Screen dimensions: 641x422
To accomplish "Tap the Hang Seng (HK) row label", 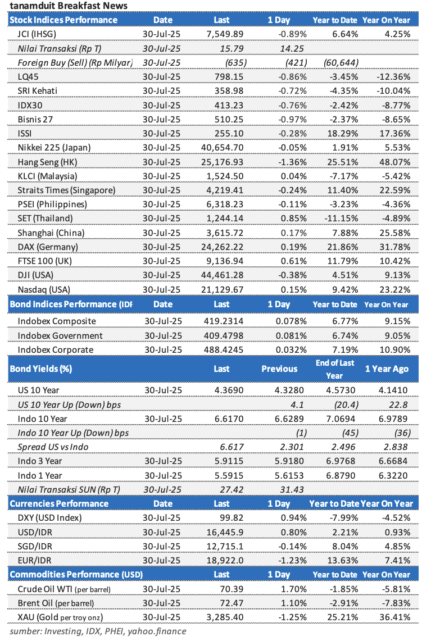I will [44, 162].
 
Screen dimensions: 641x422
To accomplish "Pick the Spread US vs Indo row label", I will [53, 448].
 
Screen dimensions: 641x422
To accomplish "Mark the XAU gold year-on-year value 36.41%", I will [396, 617].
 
